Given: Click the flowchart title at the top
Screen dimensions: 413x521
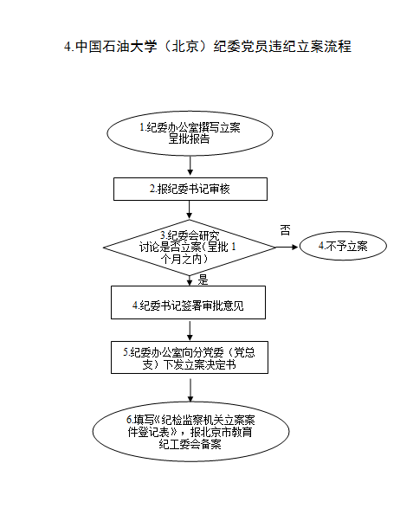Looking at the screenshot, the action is (208, 46).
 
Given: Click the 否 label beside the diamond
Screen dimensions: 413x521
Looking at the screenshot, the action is (286, 230).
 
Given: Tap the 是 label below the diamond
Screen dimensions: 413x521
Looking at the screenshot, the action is (203, 280).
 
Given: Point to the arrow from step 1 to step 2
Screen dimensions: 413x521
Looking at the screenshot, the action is (190, 165).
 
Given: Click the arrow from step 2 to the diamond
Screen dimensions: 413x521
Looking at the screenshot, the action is (190, 209).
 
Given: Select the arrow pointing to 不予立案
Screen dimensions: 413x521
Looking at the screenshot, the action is (287, 247).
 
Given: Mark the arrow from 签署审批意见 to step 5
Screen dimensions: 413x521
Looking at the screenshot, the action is (190, 331).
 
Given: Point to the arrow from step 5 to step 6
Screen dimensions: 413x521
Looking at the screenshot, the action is (190, 390).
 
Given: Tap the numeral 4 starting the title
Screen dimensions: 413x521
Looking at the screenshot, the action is (68, 47).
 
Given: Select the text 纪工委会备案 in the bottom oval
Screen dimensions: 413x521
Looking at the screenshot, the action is (190, 444).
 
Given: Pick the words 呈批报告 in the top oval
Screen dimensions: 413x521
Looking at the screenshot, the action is (190, 138).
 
